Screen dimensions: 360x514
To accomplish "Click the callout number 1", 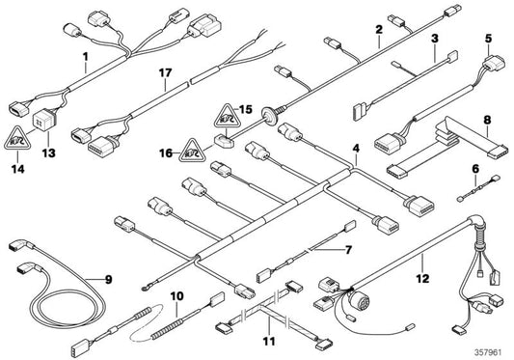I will (85, 56).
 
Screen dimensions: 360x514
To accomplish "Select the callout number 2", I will (379, 30).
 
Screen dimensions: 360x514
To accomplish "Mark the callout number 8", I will (487, 121).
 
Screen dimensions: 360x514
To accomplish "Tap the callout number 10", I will (176, 295).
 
